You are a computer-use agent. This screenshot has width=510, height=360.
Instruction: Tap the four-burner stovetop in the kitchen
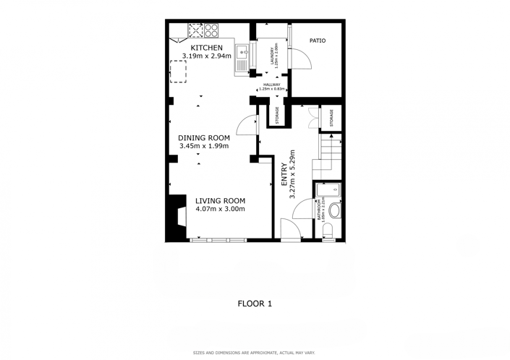[x=211, y=30]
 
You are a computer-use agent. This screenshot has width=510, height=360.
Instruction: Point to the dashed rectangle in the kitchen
[x=178, y=72]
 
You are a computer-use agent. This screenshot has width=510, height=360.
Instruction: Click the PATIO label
[x=318, y=40]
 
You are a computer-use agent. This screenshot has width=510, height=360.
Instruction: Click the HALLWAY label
[x=271, y=85]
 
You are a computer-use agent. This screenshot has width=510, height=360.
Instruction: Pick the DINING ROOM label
[x=204, y=138]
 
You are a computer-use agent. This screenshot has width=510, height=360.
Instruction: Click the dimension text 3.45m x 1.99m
[x=204, y=147]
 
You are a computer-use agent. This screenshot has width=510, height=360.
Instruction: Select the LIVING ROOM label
[x=220, y=201]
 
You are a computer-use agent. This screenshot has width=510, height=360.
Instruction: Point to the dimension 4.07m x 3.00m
[x=220, y=210]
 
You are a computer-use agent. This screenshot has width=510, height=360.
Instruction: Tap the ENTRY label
[x=284, y=176]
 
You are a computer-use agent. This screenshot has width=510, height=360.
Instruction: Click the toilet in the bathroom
[x=328, y=230]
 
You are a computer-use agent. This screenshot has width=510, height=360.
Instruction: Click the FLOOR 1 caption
[x=255, y=304]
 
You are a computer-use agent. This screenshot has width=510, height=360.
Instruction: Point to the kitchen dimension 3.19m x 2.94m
[x=206, y=56]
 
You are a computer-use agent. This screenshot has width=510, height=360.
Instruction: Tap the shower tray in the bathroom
[x=329, y=190]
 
